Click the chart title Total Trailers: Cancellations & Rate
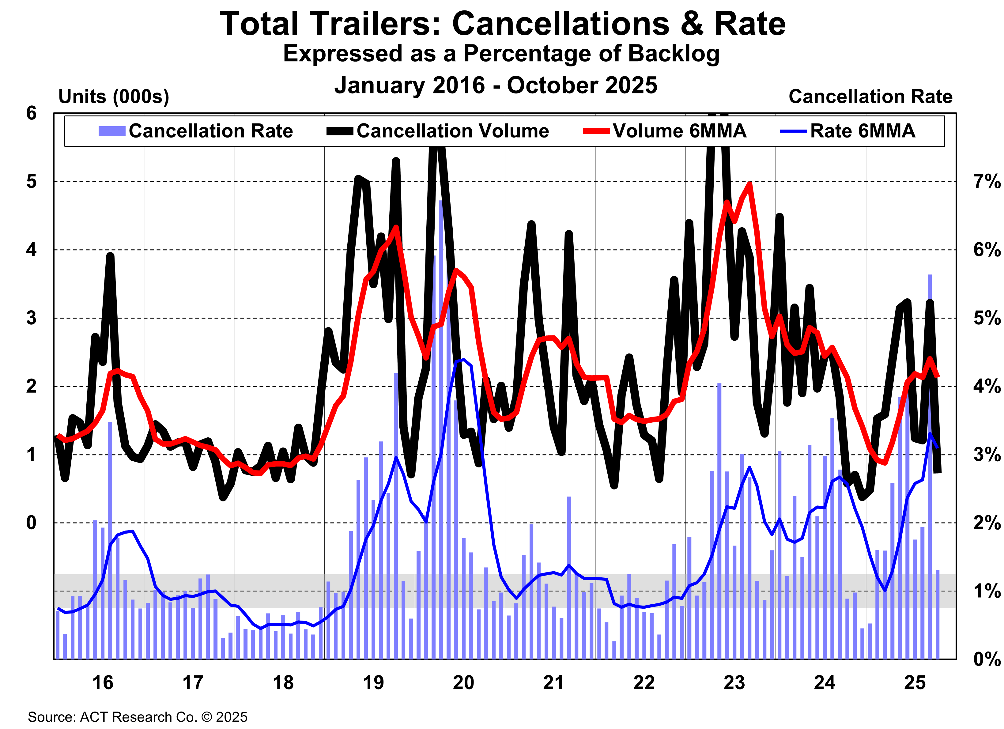click(x=502, y=24)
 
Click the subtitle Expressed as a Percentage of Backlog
click(x=501, y=54)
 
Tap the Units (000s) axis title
click(x=114, y=96)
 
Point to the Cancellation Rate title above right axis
click(x=870, y=96)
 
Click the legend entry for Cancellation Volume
click(x=452, y=131)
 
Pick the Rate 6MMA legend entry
click(x=862, y=131)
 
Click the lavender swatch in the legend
click(x=111, y=131)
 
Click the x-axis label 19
click(x=373, y=682)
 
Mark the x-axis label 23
click(x=734, y=682)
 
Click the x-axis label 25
click(x=915, y=682)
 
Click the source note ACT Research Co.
click(x=137, y=717)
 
